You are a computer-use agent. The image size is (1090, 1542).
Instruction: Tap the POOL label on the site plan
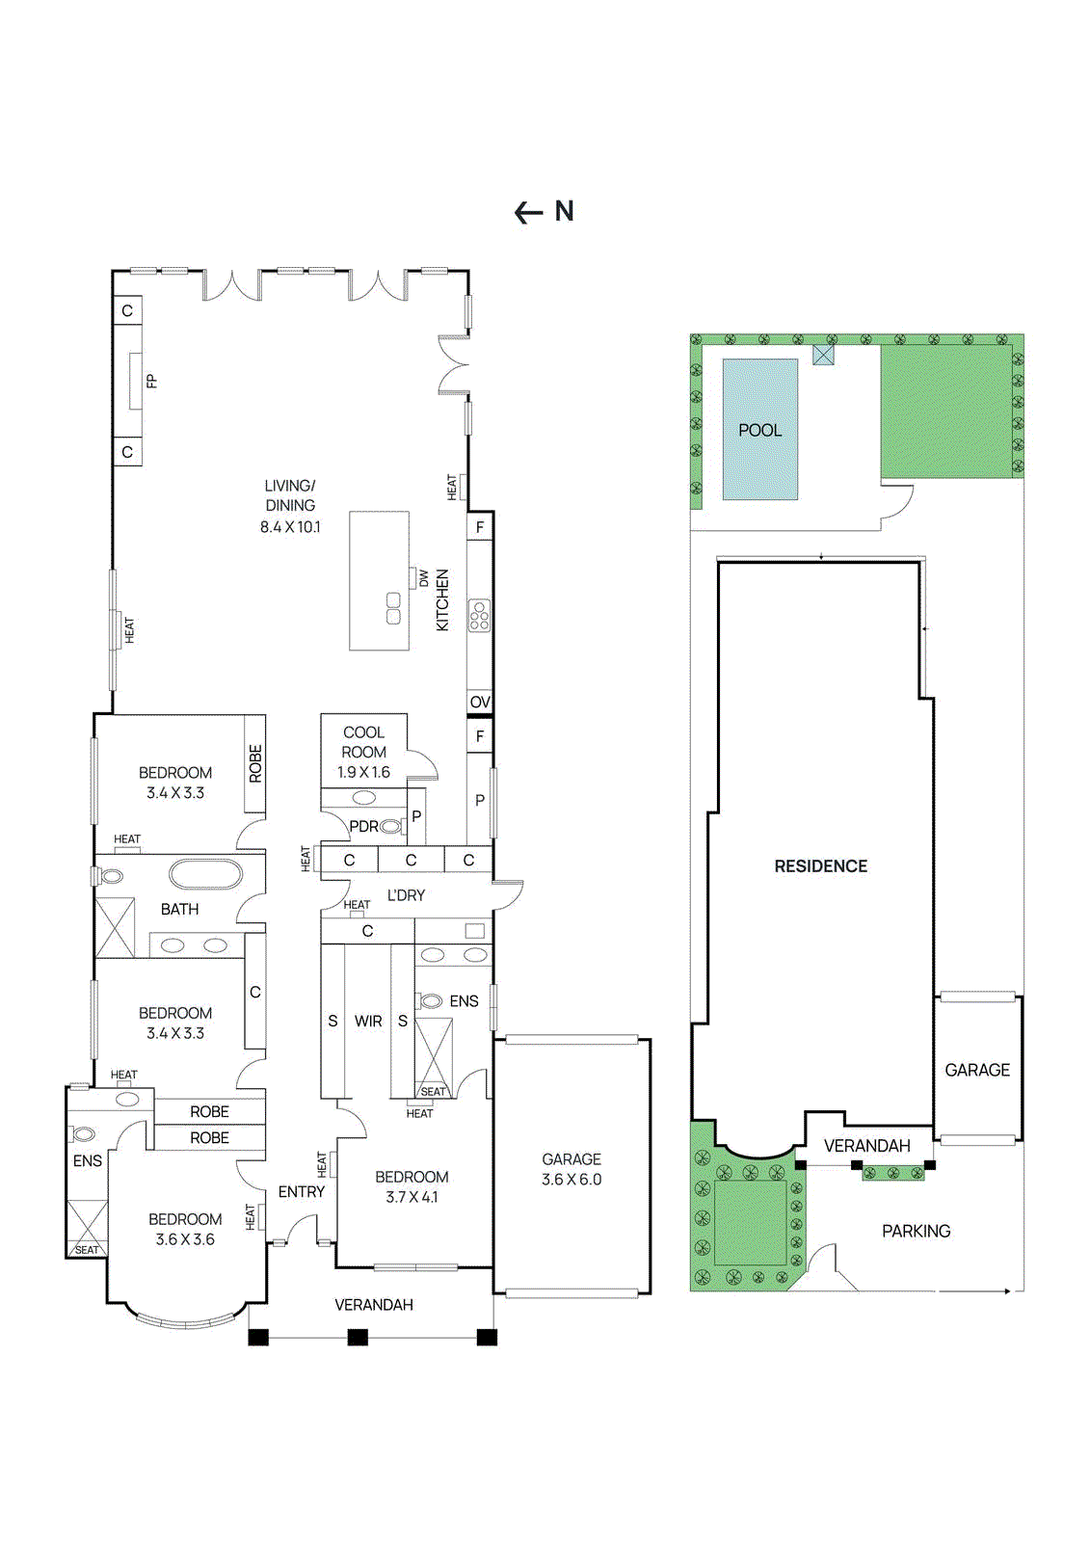point(759,431)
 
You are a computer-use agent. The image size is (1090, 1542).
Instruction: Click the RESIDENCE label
point(821,866)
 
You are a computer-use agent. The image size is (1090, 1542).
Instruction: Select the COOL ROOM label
point(363,742)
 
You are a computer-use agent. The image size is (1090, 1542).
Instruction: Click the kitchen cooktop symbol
point(479,616)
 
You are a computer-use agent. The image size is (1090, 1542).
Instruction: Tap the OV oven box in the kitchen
point(480,703)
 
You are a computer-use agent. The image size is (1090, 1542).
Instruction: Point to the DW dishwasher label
point(424,579)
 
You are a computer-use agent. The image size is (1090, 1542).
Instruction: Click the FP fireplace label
point(151,382)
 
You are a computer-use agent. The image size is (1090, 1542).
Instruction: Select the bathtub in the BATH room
point(205,874)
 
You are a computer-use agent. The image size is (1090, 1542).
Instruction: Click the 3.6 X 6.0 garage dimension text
point(572,1180)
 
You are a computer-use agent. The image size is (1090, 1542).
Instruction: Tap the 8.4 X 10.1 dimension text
point(290,527)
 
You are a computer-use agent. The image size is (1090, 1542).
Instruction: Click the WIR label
point(368,1022)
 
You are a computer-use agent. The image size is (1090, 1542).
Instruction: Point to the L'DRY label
point(406,895)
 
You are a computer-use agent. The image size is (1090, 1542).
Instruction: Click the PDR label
point(363,827)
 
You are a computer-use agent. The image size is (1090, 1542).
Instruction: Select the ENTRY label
point(302,1192)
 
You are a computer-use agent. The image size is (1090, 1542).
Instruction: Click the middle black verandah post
point(358,1338)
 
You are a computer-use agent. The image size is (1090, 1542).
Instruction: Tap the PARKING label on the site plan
point(916,1232)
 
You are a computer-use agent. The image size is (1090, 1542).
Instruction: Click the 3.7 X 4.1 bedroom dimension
point(412,1198)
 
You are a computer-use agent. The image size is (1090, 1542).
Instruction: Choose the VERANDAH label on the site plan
point(866,1146)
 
